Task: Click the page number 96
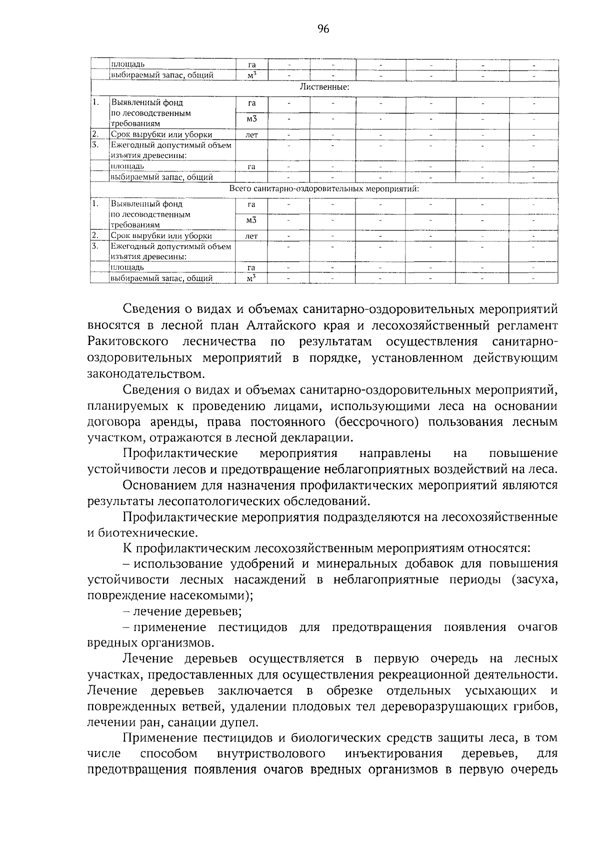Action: click(x=323, y=29)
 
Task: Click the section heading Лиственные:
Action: click(x=324, y=87)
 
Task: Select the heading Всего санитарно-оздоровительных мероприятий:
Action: click(x=324, y=189)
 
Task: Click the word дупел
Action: click(x=243, y=722)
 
